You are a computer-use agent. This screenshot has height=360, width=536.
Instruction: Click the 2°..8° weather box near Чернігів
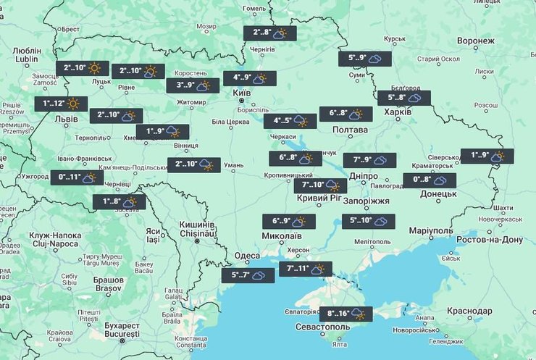(x=269, y=33)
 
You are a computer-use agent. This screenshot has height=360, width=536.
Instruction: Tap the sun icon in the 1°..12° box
(x=73, y=104)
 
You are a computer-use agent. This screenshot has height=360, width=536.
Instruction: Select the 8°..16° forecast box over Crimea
(x=346, y=314)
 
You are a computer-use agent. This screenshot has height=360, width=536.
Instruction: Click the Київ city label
(x=241, y=93)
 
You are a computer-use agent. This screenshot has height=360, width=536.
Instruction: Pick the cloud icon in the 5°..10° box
(x=381, y=221)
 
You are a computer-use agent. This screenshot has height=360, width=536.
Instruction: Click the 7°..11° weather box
(x=305, y=269)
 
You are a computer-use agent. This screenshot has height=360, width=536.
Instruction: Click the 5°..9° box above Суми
(x=366, y=59)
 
